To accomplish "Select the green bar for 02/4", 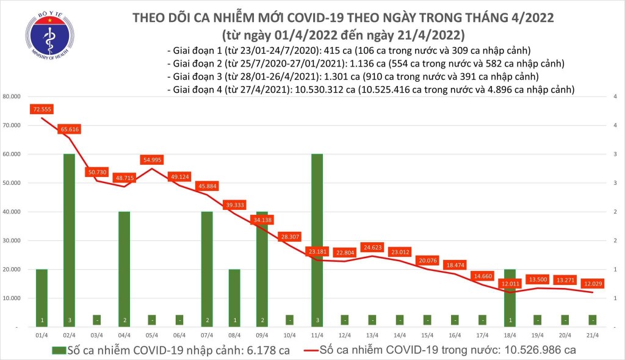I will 69,240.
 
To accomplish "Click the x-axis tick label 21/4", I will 592,334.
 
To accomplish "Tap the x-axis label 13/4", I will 372,334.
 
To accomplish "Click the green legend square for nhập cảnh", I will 58,351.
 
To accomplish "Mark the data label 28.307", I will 289,237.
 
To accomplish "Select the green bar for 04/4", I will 124,269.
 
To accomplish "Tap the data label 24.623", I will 372,248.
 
